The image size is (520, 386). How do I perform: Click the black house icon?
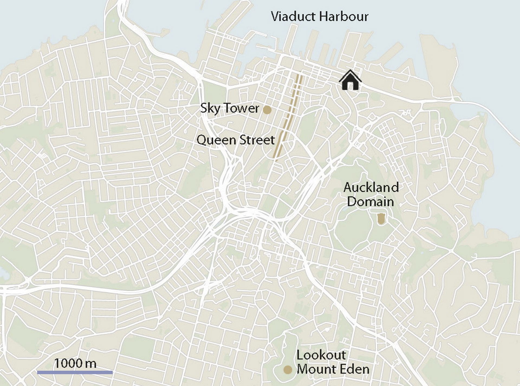pyautogui.click(x=350, y=81)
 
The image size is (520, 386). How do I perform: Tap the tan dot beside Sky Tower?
pyautogui.click(x=267, y=110)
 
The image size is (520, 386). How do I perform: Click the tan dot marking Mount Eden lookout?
pyautogui.click(x=287, y=369)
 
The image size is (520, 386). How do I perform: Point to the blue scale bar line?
pyautogui.click(x=75, y=372)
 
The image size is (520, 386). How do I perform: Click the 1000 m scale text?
pyautogui.click(x=75, y=363)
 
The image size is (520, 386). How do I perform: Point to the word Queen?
pyautogui.click(x=216, y=140)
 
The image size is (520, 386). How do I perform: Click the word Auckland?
pyautogui.click(x=371, y=187)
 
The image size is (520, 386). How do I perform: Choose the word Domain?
pyautogui.click(x=370, y=202)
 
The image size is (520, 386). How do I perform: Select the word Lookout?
pyautogui.click(x=321, y=355)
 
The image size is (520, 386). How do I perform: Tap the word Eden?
pyautogui.click(x=355, y=369)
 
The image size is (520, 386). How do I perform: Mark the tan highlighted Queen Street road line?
pyautogui.click(x=289, y=116)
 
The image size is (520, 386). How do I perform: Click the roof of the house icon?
pyautogui.click(x=350, y=74)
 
